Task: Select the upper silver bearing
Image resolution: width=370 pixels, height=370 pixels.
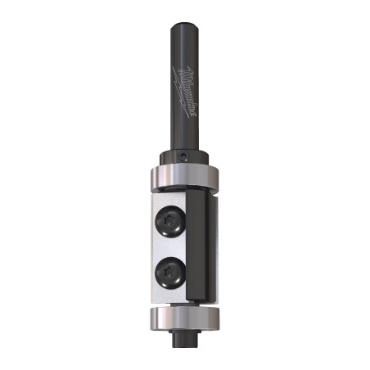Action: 185,178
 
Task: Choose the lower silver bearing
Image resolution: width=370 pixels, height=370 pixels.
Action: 185,318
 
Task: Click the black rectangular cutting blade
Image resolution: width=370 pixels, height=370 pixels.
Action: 199,246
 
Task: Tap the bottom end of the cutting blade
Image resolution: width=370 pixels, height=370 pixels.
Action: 199,297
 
